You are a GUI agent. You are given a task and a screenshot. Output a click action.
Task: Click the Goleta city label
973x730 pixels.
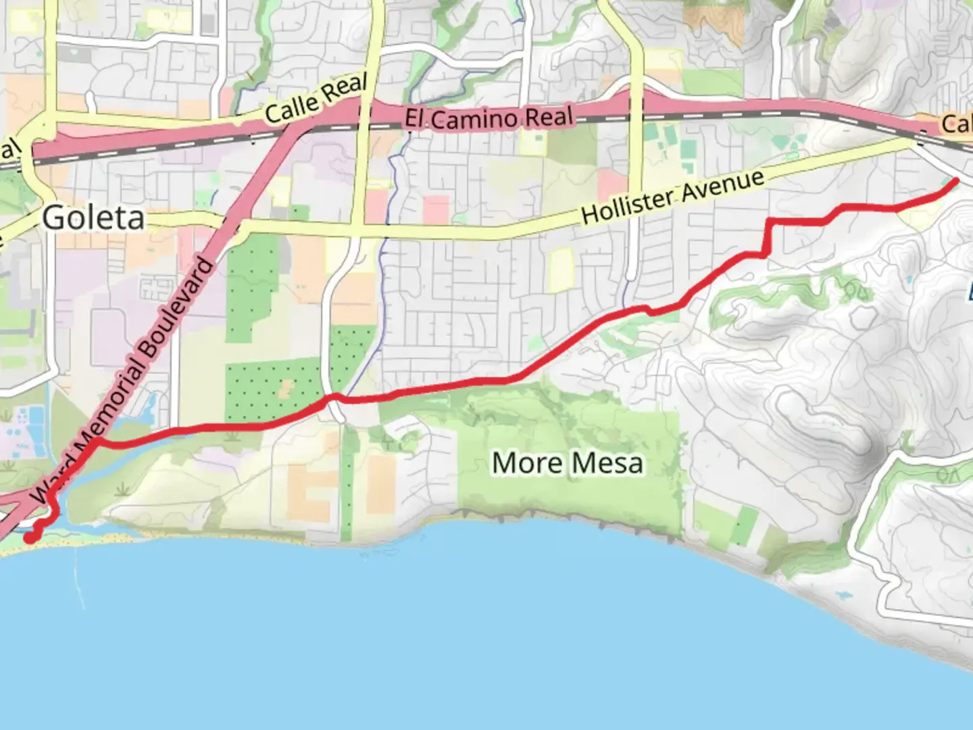pos(93,218)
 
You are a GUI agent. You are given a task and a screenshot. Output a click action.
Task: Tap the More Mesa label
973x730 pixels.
pos(567,464)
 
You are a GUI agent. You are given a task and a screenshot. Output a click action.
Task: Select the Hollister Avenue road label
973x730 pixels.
pos(672,197)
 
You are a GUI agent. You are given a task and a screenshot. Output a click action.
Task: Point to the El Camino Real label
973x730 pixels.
pos(489,118)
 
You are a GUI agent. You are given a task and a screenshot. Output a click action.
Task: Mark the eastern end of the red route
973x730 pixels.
pos(955,180)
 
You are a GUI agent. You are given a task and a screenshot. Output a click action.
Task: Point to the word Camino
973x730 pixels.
pos(475,119)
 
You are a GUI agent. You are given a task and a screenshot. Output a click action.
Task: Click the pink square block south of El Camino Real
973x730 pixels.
pos(436,210)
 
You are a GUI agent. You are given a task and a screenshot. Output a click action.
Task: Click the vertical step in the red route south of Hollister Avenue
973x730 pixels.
pos(768,237)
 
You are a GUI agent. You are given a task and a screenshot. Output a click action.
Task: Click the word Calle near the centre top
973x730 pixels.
pos(291,109)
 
